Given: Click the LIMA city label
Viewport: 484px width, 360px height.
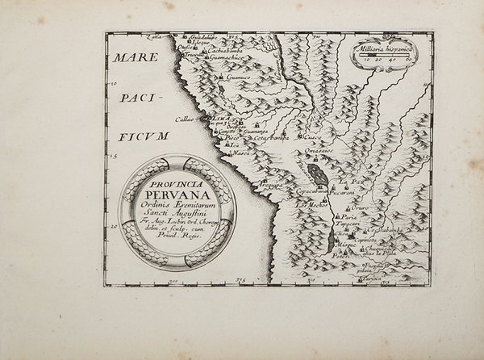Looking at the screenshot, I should point(218,118).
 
